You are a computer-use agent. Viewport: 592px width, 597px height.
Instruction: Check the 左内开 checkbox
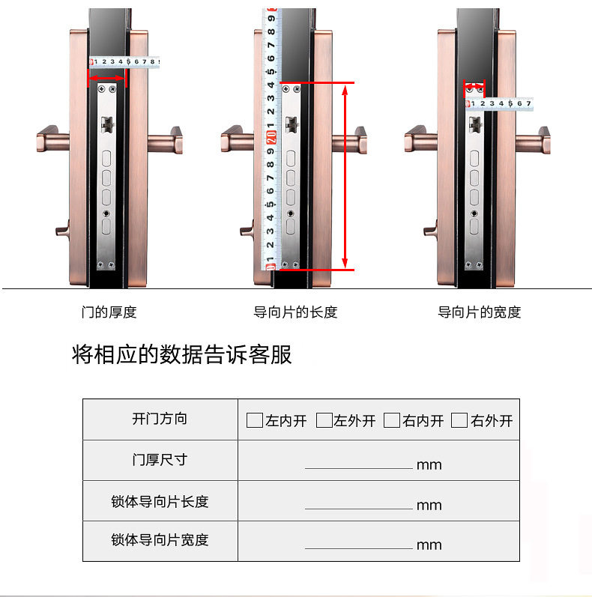(255, 420)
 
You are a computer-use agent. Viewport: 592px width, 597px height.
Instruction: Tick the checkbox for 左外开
(324, 420)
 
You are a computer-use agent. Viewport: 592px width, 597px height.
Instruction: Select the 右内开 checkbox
(392, 420)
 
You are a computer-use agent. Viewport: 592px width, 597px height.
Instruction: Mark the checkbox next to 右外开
(460, 420)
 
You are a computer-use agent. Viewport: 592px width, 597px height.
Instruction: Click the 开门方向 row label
(160, 419)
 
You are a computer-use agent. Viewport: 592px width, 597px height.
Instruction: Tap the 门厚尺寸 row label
(160, 460)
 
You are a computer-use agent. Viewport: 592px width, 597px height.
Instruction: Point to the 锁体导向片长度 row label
(160, 501)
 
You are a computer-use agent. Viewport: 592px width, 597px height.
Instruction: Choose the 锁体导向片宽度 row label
(160, 540)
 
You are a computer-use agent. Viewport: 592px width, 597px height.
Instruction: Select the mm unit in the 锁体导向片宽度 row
(429, 545)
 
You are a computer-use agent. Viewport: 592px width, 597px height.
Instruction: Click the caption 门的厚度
(109, 312)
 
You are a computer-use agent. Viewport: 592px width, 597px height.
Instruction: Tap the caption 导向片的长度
(295, 312)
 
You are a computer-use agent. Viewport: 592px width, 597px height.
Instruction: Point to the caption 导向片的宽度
(479, 312)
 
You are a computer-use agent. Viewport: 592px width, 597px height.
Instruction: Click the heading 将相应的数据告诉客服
(181, 354)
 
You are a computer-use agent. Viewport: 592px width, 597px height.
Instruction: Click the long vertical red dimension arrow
(345, 176)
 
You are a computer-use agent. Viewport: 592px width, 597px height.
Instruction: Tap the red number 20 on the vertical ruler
(271, 136)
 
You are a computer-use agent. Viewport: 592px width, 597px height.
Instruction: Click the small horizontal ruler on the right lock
(500, 104)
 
